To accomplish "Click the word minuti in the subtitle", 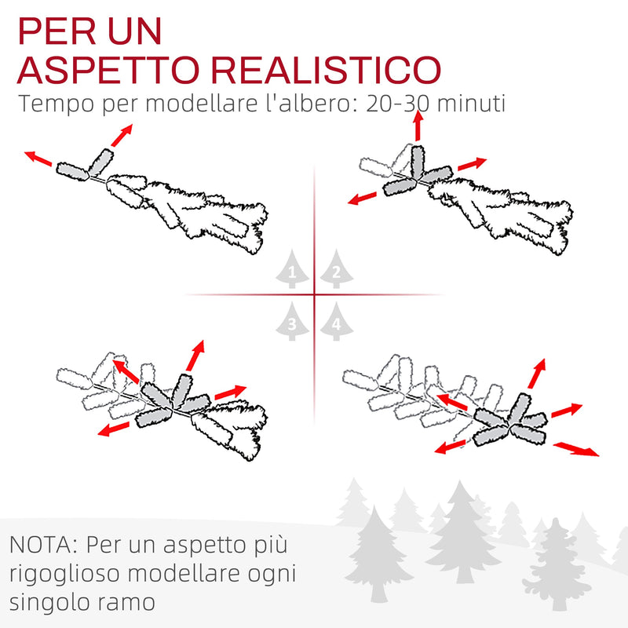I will (471, 104).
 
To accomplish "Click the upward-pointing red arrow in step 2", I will (418, 125).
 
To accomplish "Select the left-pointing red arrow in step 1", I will (39, 159).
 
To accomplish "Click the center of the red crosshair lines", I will (314, 295).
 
